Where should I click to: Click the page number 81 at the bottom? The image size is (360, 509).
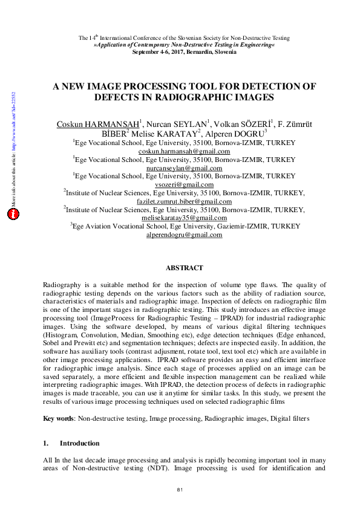[x=180, y=488]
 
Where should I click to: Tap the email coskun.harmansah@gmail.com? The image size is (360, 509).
[x=184, y=151]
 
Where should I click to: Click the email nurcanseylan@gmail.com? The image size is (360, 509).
[x=184, y=168]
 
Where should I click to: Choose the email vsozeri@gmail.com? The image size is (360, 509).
[x=184, y=185]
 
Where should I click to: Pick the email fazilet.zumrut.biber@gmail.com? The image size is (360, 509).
[x=184, y=201]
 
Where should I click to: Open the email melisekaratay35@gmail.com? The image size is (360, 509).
[x=184, y=218]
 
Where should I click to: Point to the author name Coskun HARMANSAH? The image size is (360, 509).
[x=97, y=124]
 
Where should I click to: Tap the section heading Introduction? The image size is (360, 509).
[x=79, y=443]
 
